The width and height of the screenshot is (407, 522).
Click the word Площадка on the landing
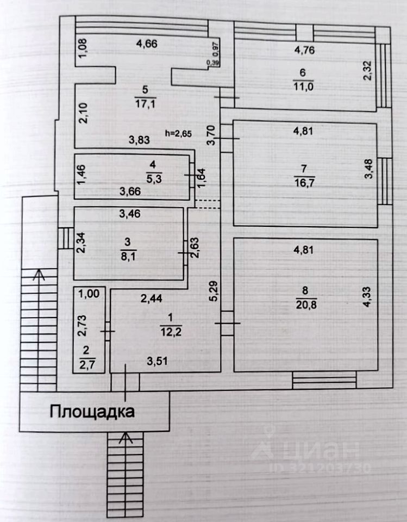(92, 411)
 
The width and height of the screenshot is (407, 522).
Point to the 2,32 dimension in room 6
(368, 71)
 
